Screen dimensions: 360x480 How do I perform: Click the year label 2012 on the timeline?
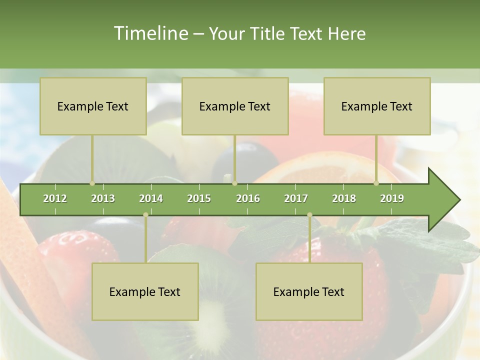pyautogui.click(x=55, y=198)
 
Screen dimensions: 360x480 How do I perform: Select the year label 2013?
pyautogui.click(x=103, y=198)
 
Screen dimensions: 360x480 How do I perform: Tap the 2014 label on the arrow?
pyautogui.click(x=151, y=198)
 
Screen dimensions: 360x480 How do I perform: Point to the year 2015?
pyautogui.click(x=199, y=198)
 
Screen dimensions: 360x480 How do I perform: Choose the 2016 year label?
pyautogui.click(x=248, y=198)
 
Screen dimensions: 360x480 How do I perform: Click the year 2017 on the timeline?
pyautogui.click(x=296, y=198)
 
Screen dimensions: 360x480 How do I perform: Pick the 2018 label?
pyautogui.click(x=344, y=198)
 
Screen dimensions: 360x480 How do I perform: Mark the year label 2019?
pyautogui.click(x=392, y=198)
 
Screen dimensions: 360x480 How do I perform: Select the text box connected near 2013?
pyautogui.click(x=93, y=106)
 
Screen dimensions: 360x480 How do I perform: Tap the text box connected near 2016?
pyautogui.click(x=235, y=106)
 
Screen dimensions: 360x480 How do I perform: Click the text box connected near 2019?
pyautogui.click(x=377, y=106)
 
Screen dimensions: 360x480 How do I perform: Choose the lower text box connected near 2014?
pyautogui.click(x=145, y=291)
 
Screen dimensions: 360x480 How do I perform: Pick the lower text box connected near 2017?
pyautogui.click(x=309, y=291)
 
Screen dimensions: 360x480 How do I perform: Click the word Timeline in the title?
pyautogui.click(x=150, y=33)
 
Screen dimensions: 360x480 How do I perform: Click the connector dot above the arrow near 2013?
pyautogui.click(x=92, y=183)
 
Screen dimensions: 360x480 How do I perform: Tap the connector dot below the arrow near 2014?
pyautogui.click(x=145, y=215)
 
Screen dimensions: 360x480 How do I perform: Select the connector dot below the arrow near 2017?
pyautogui.click(x=309, y=215)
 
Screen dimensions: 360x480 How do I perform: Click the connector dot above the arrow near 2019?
pyautogui.click(x=376, y=183)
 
